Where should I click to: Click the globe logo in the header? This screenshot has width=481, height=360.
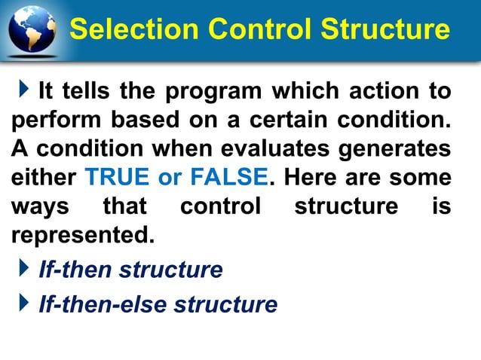(x=32, y=30)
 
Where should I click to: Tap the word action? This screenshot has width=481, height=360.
(x=381, y=92)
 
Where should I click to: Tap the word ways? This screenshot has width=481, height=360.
(x=35, y=206)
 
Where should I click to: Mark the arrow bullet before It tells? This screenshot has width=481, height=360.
(x=27, y=91)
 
